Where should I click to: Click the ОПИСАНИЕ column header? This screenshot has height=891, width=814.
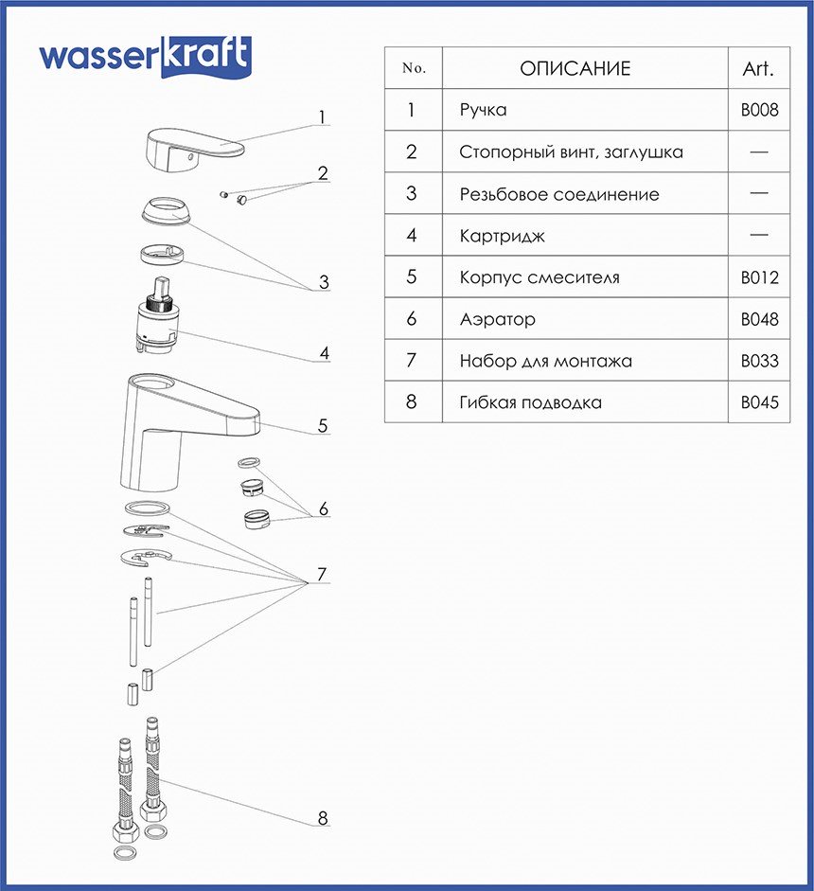tap(575, 68)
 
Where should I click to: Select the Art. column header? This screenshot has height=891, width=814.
tap(758, 68)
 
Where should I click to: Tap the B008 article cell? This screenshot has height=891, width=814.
tap(759, 110)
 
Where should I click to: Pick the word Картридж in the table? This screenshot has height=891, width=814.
tap(502, 236)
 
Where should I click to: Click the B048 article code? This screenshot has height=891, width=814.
tap(759, 319)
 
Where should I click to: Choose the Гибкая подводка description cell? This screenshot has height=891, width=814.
tap(530, 402)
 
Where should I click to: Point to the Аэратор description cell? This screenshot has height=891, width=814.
tap(497, 319)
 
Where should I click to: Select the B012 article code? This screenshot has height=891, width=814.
tap(759, 277)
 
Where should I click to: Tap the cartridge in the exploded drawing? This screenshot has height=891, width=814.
tap(156, 320)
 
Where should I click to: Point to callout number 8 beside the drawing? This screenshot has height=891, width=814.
tap(323, 819)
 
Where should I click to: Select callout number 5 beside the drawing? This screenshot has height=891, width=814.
tap(323, 426)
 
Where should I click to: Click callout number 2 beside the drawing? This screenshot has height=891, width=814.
tap(323, 173)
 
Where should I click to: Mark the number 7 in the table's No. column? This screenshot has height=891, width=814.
tap(411, 361)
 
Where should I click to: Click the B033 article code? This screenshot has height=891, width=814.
tap(759, 361)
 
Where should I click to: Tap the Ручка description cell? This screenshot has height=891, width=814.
tap(483, 110)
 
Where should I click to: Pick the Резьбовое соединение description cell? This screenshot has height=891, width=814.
tap(558, 194)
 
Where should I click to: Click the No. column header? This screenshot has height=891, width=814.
tap(414, 68)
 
